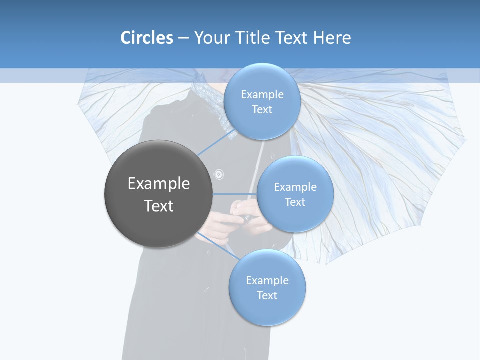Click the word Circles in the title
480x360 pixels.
point(146,38)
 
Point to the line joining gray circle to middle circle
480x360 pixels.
point(235,194)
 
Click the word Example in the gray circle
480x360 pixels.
point(159,184)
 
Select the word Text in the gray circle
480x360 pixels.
point(159,206)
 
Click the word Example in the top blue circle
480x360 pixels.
point(262,95)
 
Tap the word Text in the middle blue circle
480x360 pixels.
point(295,202)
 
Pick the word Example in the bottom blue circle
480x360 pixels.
point(267,280)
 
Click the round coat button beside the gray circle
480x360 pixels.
point(219,175)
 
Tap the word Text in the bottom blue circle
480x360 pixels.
point(267,295)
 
